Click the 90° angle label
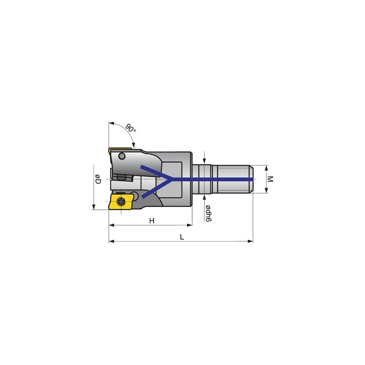pos(131,128)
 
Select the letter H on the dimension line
pos(151,220)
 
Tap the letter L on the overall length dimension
pos(182,237)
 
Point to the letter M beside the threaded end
pos(270,179)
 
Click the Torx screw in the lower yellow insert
pos(120,200)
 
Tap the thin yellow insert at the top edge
pos(119,150)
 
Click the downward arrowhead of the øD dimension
pos(94,207)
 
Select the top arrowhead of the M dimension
pos(266,168)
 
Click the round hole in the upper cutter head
pos(122,157)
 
